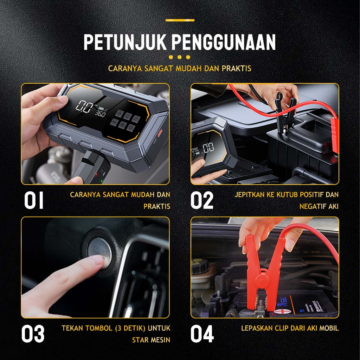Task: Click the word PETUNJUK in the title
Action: (125, 42)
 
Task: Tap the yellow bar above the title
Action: (180, 20)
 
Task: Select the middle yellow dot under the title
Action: (180, 57)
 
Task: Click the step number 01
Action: (34, 200)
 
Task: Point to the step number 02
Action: (202, 200)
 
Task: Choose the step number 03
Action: (33, 334)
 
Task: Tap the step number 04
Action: (202, 334)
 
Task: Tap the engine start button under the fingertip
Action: (99, 252)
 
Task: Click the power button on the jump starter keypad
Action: (131, 128)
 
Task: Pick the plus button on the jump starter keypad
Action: (120, 114)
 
